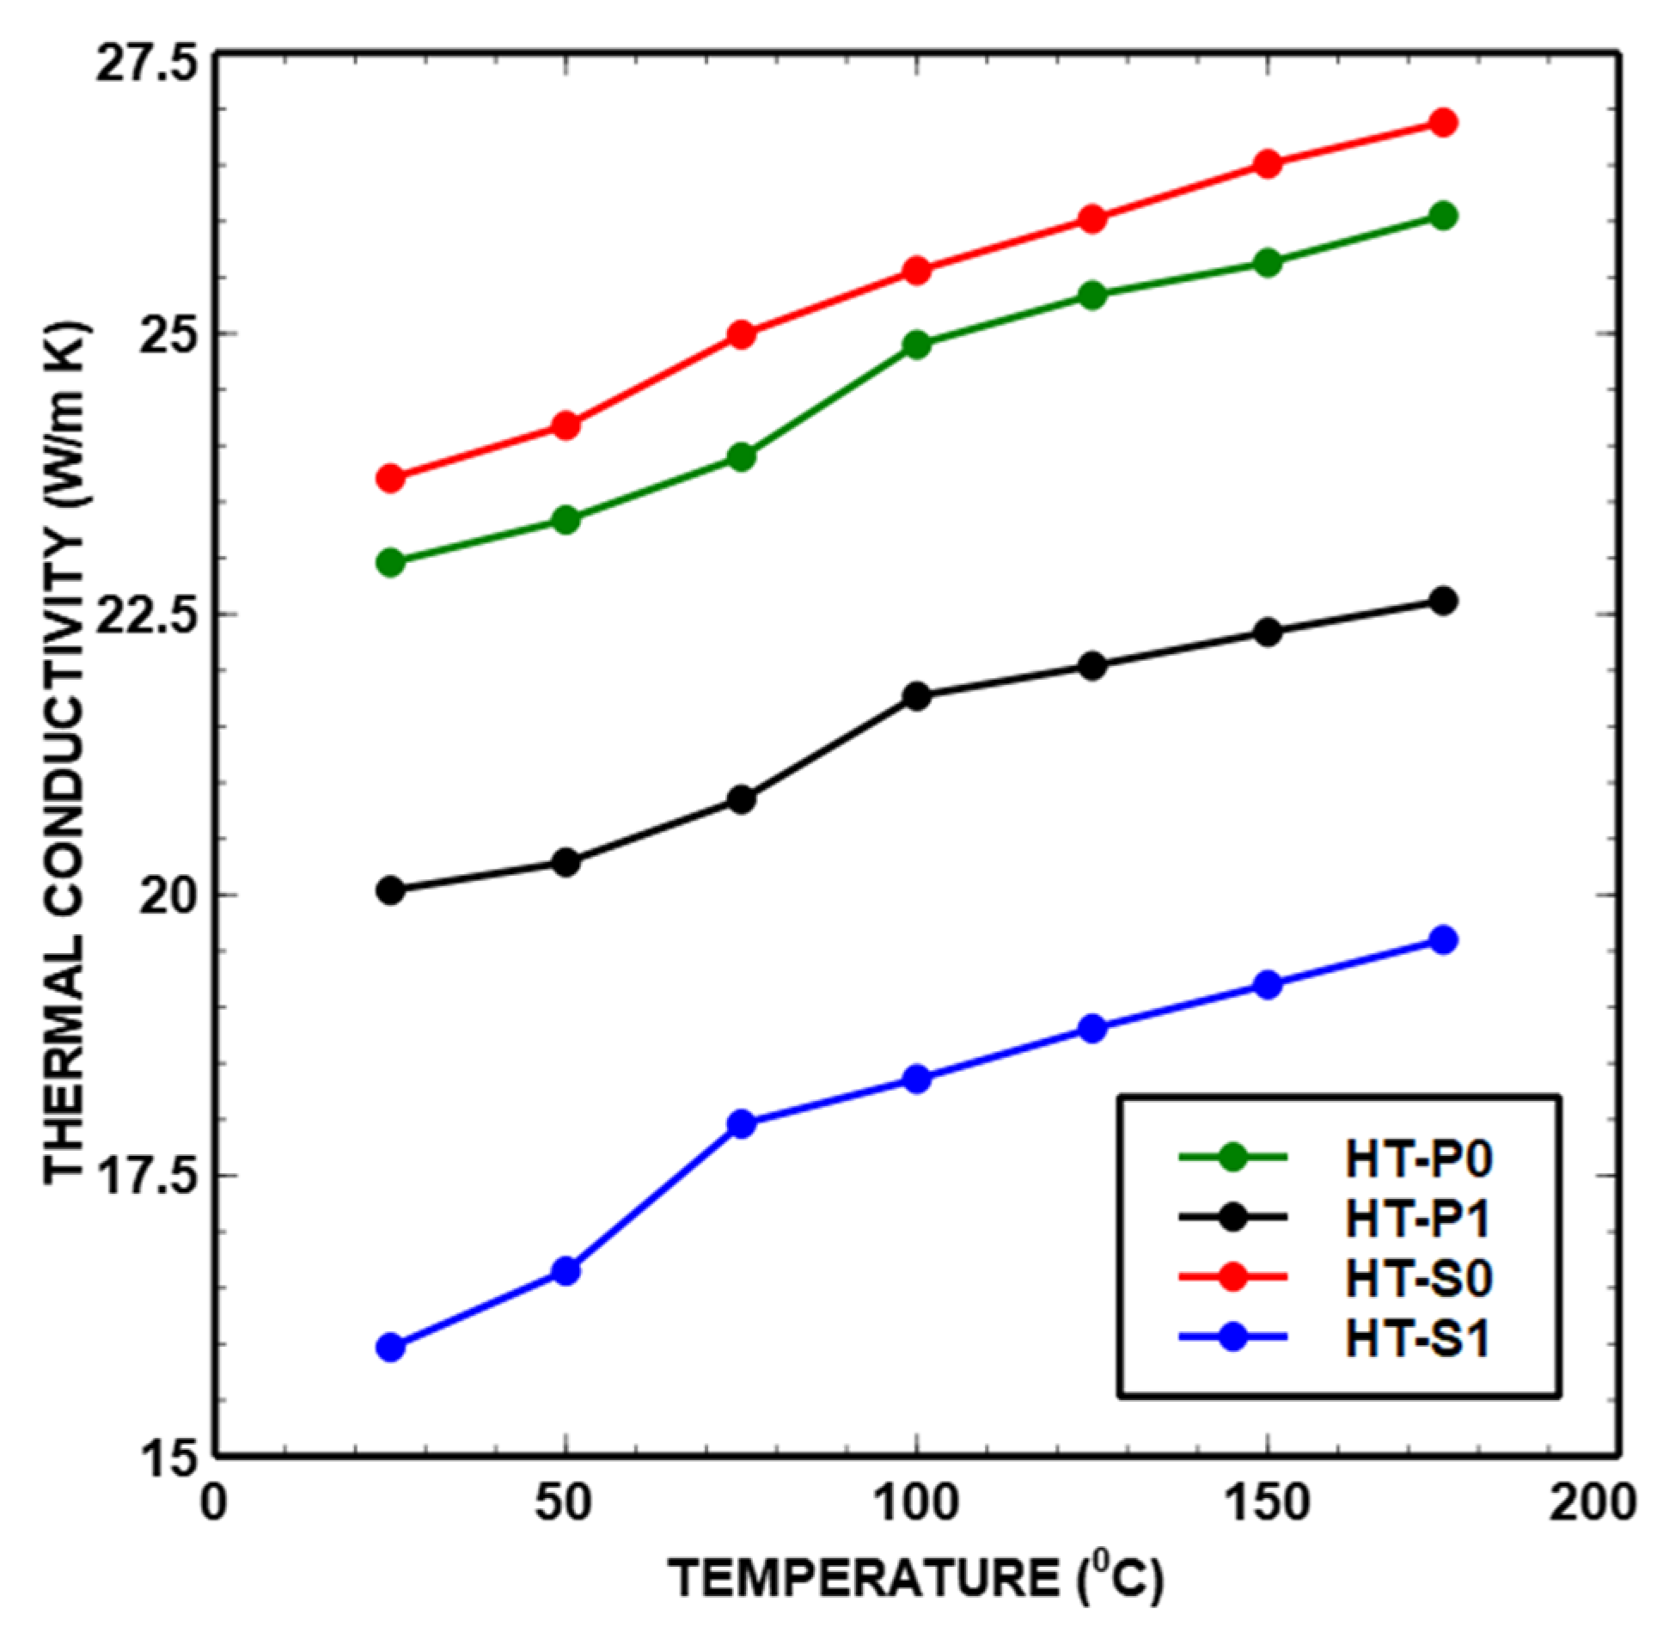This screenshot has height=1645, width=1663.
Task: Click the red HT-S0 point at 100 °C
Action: click(x=917, y=271)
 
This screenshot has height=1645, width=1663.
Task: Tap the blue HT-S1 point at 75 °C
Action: click(x=741, y=1123)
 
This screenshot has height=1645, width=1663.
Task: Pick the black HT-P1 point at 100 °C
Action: click(x=917, y=695)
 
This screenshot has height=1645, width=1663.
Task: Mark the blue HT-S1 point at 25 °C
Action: click(x=391, y=1347)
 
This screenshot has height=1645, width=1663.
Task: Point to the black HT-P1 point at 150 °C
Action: click(x=1267, y=633)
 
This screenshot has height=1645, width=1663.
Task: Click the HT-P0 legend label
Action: click(x=1419, y=1159)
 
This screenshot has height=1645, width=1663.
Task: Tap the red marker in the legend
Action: click(x=1233, y=1278)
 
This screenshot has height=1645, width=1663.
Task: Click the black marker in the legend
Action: click(x=1233, y=1218)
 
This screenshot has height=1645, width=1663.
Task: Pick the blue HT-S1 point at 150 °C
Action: click(x=1267, y=985)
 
